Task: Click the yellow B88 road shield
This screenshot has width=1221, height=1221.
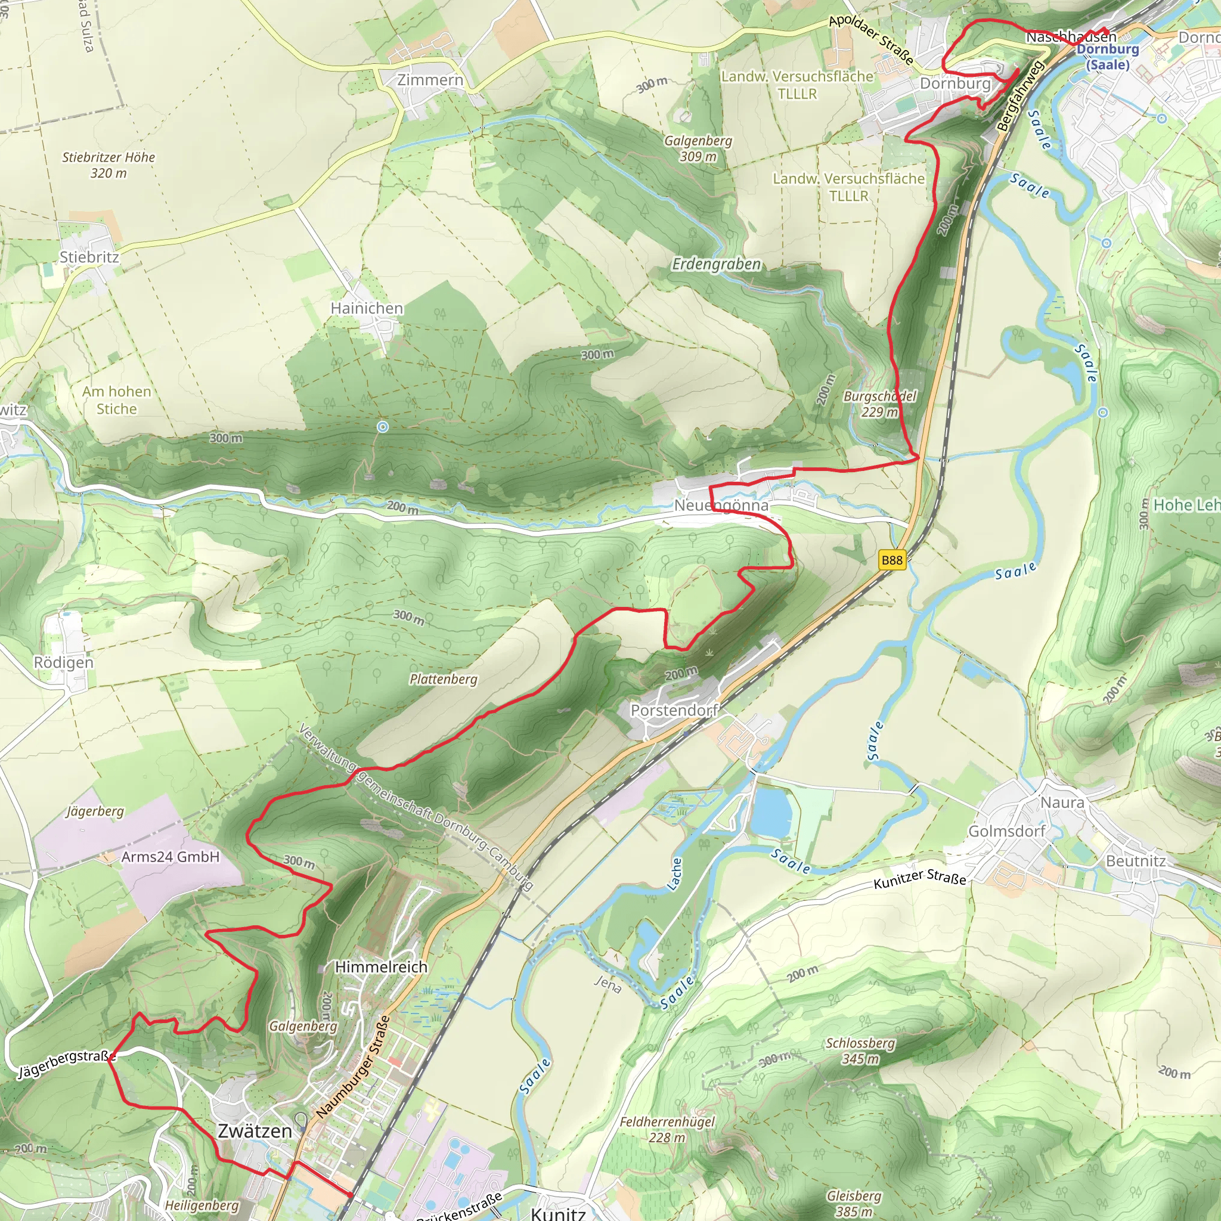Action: tap(892, 560)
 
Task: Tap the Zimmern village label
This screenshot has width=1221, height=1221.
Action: tap(430, 80)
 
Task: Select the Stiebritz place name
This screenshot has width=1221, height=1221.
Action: tap(89, 257)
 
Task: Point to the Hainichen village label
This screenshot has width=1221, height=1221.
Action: tap(367, 308)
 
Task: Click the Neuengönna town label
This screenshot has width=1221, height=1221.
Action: tap(721, 506)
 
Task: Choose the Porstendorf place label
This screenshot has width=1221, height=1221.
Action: tap(674, 710)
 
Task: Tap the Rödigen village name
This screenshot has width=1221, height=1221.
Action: tap(63, 662)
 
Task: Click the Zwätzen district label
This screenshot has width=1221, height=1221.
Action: tap(255, 1131)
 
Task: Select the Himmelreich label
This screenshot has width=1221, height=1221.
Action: tap(381, 967)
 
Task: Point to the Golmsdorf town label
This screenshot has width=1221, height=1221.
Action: tap(1007, 831)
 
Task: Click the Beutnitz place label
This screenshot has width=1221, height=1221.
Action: tap(1136, 861)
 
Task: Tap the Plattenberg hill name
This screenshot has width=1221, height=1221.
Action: tap(443, 680)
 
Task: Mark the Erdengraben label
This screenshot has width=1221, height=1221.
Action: tap(716, 264)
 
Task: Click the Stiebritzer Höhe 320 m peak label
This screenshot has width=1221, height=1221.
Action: tap(108, 165)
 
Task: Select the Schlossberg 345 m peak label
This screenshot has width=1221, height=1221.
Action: tap(860, 1051)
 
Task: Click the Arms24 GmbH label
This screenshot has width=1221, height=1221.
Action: tap(170, 857)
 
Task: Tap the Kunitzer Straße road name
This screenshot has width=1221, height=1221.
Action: tap(919, 878)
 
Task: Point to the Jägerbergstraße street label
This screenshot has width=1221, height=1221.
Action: tap(67, 1064)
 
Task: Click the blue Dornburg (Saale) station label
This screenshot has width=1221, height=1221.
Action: tap(1107, 57)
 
